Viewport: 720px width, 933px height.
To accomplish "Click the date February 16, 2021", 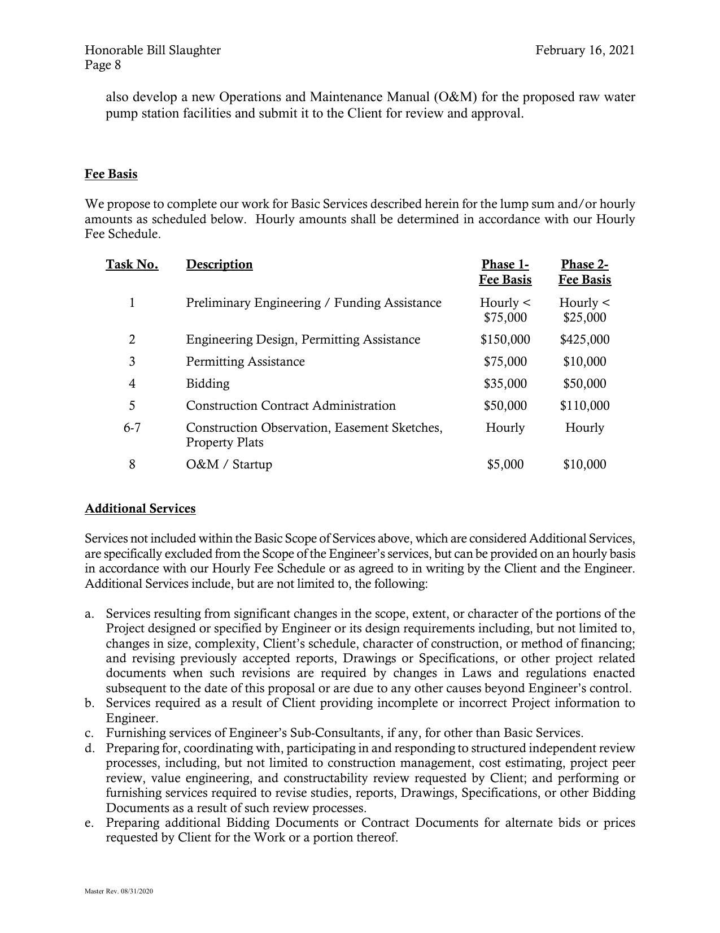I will click(x=584, y=50).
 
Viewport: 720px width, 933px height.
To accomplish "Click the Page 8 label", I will click(x=103, y=65).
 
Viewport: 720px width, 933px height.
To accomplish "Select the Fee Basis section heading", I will click(x=111, y=174).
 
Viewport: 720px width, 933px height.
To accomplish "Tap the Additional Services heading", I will click(x=140, y=509).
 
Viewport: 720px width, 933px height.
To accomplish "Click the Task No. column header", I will click(x=132, y=264).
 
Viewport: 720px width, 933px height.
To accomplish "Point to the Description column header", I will click(x=219, y=264).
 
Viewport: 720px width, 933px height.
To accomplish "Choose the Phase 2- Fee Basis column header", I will click(x=584, y=272).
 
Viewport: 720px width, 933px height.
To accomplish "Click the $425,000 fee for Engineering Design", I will click(x=584, y=340).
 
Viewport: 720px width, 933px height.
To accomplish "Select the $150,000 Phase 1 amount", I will click(x=505, y=340).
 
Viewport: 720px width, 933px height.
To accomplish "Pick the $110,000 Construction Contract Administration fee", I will click(x=584, y=406).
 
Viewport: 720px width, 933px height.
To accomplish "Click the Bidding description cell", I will click(x=208, y=384).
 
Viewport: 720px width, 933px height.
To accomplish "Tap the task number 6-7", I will click(x=132, y=428).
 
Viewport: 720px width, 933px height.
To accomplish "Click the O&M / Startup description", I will click(x=229, y=465).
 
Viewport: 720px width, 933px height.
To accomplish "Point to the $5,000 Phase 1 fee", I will click(x=505, y=465).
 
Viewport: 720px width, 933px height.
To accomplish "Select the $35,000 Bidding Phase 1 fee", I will click(x=505, y=384).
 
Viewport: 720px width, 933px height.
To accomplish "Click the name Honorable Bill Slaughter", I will click(x=152, y=50).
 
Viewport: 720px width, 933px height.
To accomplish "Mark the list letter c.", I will click(x=89, y=734).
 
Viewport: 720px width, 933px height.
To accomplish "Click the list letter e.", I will click(x=89, y=823).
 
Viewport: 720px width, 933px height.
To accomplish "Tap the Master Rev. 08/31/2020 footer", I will click(x=119, y=892).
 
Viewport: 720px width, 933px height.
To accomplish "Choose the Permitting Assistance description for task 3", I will click(x=245, y=362).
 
